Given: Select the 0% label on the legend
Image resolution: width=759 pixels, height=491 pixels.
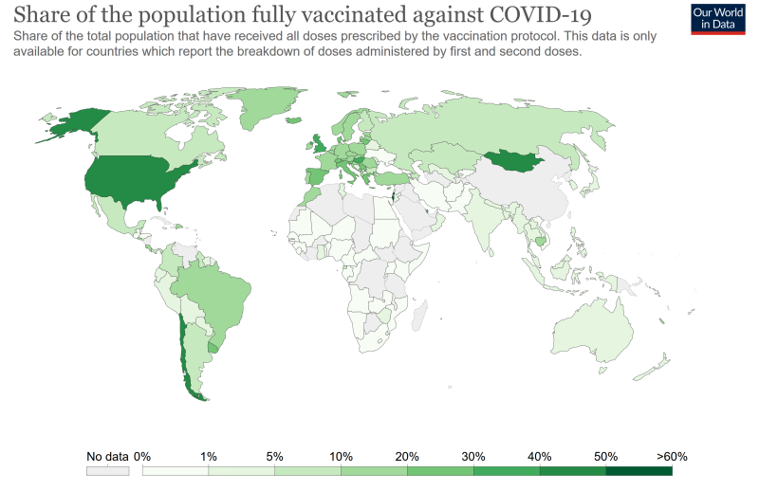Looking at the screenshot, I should tap(142, 456).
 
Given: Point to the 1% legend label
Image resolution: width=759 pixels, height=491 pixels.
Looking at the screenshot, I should tap(209, 456).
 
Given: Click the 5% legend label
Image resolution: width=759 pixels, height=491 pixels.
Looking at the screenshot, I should tap(275, 456).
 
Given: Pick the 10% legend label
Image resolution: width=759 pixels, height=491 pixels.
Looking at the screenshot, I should tap(342, 456).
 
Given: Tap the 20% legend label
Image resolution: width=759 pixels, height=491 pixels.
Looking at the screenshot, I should tap(408, 456).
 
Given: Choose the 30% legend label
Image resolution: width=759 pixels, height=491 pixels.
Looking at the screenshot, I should tap(473, 456).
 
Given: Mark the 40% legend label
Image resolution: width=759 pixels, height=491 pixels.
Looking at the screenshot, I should tap(540, 456).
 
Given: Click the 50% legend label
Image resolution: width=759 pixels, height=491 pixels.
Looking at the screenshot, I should tap(606, 456).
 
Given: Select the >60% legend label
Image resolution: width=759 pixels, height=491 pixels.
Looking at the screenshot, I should tap(671, 456).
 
